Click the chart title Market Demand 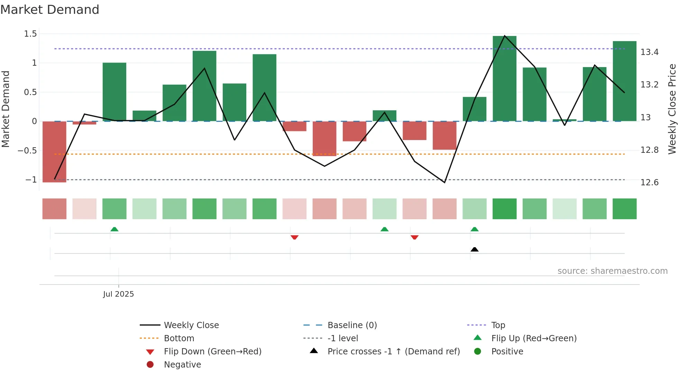(x=50, y=10)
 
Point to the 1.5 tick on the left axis (x=30, y=34)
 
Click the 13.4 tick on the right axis (x=649, y=52)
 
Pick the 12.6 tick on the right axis (x=649, y=183)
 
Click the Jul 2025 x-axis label (x=118, y=294)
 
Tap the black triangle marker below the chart (x=475, y=249)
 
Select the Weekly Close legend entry (x=191, y=325)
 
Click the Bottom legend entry (x=179, y=338)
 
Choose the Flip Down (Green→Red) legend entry (x=212, y=352)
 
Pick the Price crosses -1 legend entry (x=393, y=352)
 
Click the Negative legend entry (x=182, y=365)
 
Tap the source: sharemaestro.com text (x=612, y=271)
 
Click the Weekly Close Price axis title (x=672, y=109)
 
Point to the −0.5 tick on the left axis (x=27, y=151)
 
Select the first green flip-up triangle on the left (x=114, y=229)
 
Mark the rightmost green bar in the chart (x=624, y=81)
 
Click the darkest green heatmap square (x=504, y=209)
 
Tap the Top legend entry (x=498, y=325)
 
